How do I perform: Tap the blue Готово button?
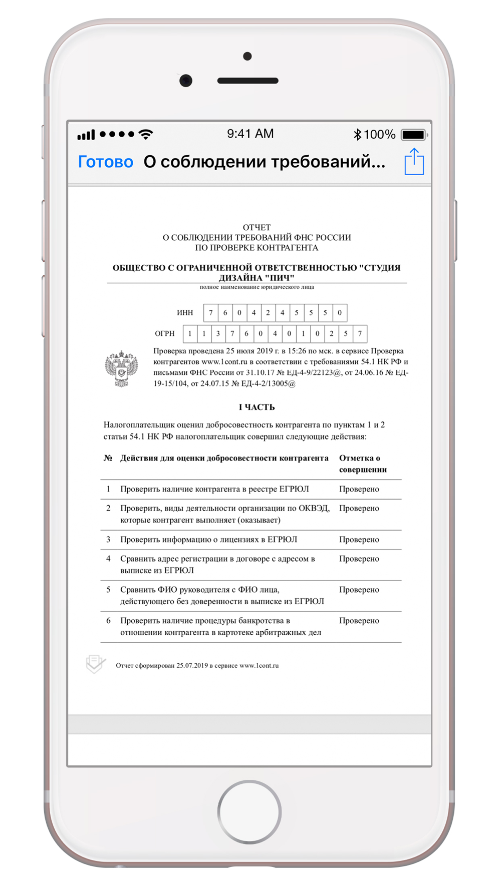click(105, 162)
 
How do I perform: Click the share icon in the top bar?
click(414, 162)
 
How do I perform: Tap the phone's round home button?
click(249, 811)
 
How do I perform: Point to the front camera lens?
click(186, 81)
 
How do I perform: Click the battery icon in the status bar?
click(414, 135)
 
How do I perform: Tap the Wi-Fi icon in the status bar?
click(146, 134)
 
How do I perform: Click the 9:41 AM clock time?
click(250, 134)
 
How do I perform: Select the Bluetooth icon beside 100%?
click(357, 134)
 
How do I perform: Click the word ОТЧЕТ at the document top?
click(257, 227)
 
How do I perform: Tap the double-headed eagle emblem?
click(121, 369)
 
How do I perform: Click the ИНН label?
click(185, 313)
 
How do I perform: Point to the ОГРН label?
click(165, 333)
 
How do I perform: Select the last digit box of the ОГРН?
click(360, 333)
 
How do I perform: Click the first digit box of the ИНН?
click(211, 313)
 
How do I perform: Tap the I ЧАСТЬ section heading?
click(257, 407)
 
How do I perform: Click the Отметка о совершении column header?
click(363, 464)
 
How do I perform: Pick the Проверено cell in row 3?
click(359, 540)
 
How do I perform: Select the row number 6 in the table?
click(108, 621)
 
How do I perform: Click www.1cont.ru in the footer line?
click(259, 666)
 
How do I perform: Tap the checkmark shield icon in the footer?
click(95, 664)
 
